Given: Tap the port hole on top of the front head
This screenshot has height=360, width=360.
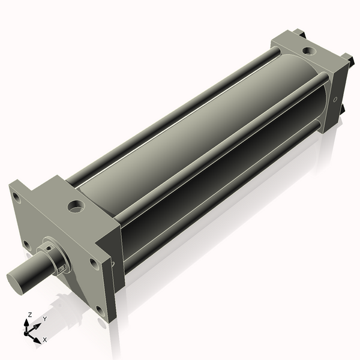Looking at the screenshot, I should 76,207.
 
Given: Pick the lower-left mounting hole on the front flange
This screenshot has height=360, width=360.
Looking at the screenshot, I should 26,244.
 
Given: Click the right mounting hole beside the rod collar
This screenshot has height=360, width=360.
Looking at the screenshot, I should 94,262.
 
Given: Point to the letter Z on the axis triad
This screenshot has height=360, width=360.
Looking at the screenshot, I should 29,314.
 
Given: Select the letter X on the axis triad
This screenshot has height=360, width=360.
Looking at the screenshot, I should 44,340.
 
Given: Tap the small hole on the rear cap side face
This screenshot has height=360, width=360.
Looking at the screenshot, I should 335,100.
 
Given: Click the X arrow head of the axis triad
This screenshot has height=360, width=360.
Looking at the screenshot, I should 37,339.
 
